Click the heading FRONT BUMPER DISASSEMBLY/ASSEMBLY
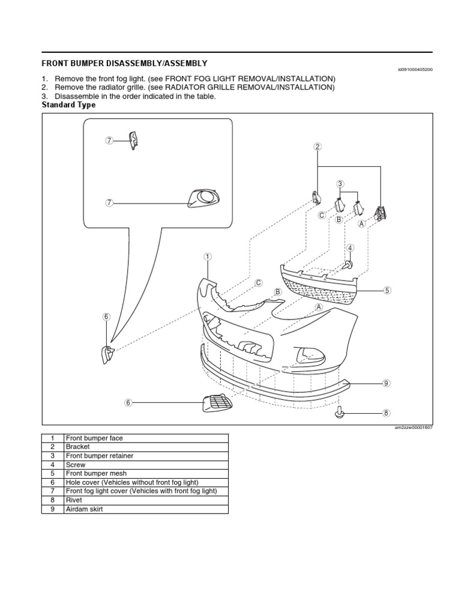point(124,63)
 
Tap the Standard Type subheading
point(68,105)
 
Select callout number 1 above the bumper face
point(207,256)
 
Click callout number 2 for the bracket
point(318,147)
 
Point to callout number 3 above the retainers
point(340,184)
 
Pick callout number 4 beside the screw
point(350,247)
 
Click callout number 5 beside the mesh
point(387,290)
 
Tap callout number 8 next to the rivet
point(386,413)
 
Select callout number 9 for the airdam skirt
point(386,383)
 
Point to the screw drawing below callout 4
point(349,264)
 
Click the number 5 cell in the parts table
point(52,474)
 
